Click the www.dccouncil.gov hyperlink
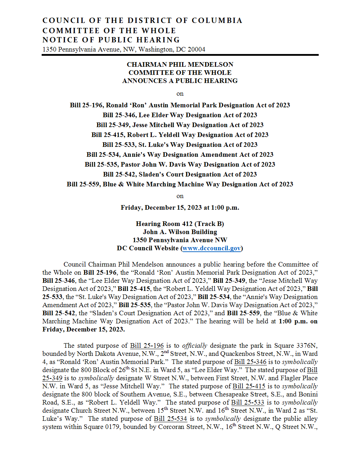click(211, 248)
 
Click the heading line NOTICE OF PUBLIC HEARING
click(111, 40)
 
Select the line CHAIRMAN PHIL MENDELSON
click(180, 65)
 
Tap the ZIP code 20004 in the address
click(196, 49)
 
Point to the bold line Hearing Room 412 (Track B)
click(180, 224)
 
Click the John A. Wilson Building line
click(180, 232)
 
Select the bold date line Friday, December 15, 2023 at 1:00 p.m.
click(180, 208)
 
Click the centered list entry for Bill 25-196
click(180, 105)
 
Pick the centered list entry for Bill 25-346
click(180, 115)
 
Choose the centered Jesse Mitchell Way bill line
click(180, 125)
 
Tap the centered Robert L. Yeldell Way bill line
click(180, 135)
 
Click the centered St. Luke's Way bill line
click(180, 145)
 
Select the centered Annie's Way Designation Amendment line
click(180, 155)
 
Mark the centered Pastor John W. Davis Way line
click(180, 165)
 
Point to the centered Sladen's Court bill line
click(180, 174)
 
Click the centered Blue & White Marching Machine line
click(180, 184)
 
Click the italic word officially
click(194, 346)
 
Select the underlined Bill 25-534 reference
click(170, 419)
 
